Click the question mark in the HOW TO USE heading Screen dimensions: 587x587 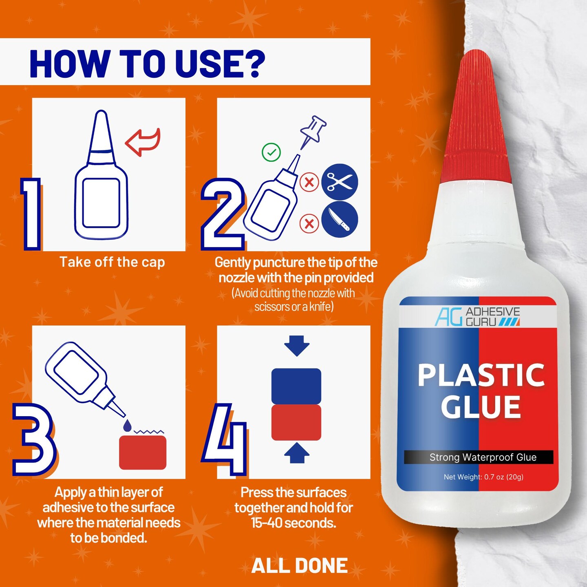click(251, 64)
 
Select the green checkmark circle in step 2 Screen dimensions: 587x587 click(271, 152)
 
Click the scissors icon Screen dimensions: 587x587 click(339, 182)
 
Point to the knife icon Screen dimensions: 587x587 click(339, 219)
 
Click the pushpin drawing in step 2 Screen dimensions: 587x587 click(313, 132)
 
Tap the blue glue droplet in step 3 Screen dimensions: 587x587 click(128, 425)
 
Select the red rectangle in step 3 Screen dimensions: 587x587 click(143, 452)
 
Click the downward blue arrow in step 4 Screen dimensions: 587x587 click(297, 346)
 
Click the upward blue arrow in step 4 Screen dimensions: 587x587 click(297, 452)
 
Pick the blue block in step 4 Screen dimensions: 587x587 click(296, 386)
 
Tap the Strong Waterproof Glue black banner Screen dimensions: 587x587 click(478, 457)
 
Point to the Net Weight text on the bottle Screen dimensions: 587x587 click(483, 477)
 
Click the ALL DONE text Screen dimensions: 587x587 click(300, 566)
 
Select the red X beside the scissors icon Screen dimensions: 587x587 click(309, 183)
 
